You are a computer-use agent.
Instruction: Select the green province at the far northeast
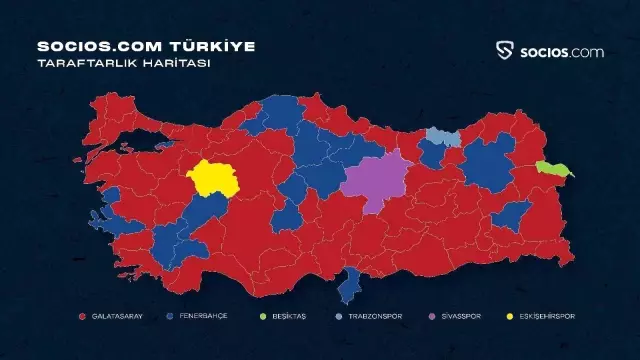[553, 170]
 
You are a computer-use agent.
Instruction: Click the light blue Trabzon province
[442, 136]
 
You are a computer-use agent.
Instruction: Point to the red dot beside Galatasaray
[82, 316]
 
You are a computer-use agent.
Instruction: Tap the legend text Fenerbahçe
[203, 316]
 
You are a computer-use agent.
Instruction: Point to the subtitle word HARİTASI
[184, 62]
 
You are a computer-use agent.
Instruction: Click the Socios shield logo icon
[506, 51]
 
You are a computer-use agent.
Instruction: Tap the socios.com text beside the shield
[561, 51]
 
